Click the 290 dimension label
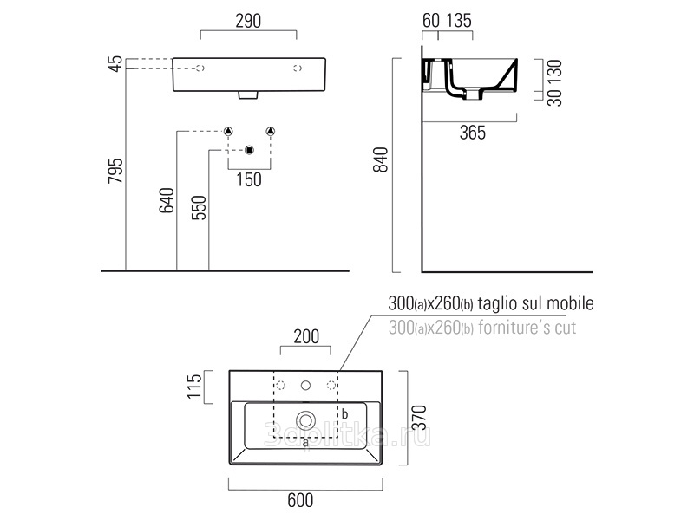pos(248,21)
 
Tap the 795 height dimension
pos(116,171)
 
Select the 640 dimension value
pos(167,200)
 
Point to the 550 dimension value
pos(199,207)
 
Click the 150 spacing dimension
pos(249,180)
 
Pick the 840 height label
pos(381,159)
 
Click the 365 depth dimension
pos(473,133)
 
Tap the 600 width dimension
pos(300,500)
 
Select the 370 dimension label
pos(419,417)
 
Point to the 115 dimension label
pos(194,387)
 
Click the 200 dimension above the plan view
pos(306,336)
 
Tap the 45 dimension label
pos(115,63)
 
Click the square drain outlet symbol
pos(250,150)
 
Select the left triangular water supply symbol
pos(228,132)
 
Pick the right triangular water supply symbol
pos(271,132)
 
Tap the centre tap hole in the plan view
pos(305,386)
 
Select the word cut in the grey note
pos(566,328)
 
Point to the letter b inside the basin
pos(344,414)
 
